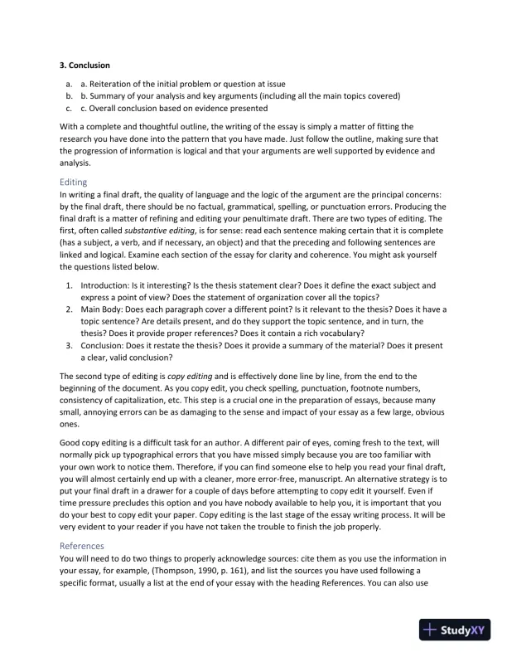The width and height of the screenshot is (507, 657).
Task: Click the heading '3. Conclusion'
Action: pos(85,65)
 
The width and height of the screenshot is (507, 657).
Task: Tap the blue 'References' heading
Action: pos(82,546)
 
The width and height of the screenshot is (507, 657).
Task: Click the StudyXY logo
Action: pos(454,630)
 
